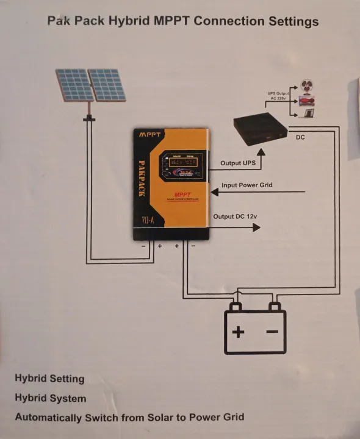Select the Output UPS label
click(x=239, y=163)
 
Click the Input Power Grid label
click(x=247, y=185)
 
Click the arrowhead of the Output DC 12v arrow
click(x=257, y=227)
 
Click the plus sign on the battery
click(x=238, y=332)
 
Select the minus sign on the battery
click(x=272, y=332)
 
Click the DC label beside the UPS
click(x=300, y=138)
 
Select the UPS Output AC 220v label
click(x=278, y=96)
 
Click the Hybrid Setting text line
click(x=49, y=379)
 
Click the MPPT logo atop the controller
click(x=149, y=134)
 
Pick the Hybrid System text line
click(x=51, y=398)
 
